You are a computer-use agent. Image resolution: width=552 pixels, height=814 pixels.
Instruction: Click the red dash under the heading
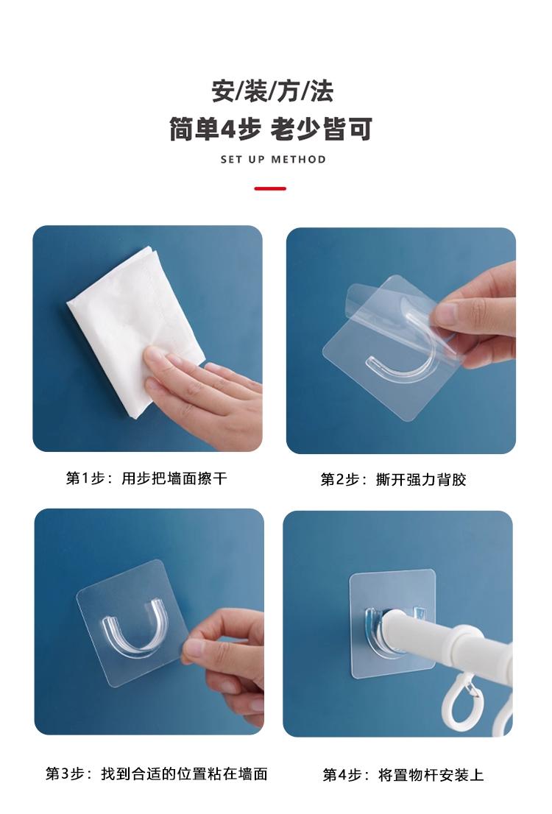[x=270, y=188]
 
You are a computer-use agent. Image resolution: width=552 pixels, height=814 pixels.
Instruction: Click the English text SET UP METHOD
[x=273, y=160]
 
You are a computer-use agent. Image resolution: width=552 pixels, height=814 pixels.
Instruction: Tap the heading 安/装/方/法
[x=272, y=91]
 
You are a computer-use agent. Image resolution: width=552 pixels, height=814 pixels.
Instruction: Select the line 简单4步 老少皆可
[x=271, y=129]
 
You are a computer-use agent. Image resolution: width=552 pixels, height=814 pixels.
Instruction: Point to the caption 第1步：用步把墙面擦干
[x=146, y=478]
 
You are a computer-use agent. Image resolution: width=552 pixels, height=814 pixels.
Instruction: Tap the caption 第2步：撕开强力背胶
[x=393, y=479]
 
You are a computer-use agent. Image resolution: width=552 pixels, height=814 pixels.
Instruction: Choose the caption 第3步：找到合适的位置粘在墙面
[x=156, y=774]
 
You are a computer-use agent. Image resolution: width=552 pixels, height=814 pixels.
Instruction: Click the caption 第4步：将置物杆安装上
[x=403, y=775]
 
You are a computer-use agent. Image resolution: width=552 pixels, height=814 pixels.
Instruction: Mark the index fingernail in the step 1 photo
[x=154, y=355]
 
